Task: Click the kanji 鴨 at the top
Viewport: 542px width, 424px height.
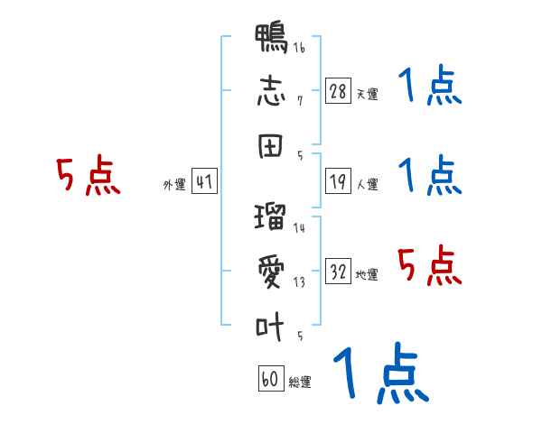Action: (x=271, y=38)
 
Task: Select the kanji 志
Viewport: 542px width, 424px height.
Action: (x=271, y=91)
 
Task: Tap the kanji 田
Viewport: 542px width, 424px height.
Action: (x=270, y=146)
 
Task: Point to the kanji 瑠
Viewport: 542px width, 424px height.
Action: (x=270, y=217)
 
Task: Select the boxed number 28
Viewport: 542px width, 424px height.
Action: (x=338, y=91)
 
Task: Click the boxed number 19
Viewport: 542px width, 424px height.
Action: (x=338, y=181)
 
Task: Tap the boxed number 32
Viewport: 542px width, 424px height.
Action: (x=338, y=271)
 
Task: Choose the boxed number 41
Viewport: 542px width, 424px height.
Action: (x=204, y=181)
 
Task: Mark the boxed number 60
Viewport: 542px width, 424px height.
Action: (x=271, y=378)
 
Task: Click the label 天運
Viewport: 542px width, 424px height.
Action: (x=368, y=94)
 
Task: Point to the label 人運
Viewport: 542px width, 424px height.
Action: (x=368, y=184)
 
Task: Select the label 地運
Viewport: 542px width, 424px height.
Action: (x=367, y=274)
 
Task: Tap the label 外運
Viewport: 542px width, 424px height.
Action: (x=174, y=185)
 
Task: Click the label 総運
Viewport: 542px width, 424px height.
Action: (x=300, y=383)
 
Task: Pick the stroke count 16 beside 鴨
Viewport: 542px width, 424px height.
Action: (x=299, y=47)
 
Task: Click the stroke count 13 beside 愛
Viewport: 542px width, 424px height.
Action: (x=299, y=282)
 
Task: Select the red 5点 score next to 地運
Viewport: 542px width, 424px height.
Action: (x=430, y=265)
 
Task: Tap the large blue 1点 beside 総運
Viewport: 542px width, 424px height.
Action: (x=381, y=373)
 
